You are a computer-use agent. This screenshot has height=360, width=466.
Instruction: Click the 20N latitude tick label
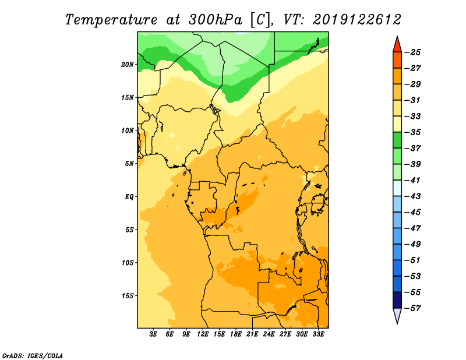[x=127, y=65]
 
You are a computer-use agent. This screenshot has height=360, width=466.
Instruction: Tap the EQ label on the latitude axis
[x=129, y=197]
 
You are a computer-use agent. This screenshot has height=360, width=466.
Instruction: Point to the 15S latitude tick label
[x=128, y=296]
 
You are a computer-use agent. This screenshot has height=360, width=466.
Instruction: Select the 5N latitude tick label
[x=129, y=164]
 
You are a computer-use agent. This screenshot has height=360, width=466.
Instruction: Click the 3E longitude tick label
[x=153, y=334]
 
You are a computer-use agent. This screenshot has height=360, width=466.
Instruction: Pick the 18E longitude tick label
[x=236, y=334]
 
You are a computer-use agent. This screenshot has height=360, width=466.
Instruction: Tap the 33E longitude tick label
[x=318, y=334]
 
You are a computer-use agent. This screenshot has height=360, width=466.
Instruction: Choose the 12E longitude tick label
[x=203, y=334]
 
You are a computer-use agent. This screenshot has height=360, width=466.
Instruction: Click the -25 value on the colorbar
[x=412, y=52]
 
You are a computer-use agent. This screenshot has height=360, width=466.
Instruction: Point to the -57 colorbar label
[x=412, y=308]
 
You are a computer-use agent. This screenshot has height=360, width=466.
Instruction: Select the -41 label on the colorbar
[x=412, y=181]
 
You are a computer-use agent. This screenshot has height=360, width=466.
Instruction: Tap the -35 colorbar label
[x=412, y=132]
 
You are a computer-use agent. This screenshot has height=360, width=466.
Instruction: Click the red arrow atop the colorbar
[x=397, y=45]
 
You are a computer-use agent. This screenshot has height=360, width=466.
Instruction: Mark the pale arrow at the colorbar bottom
[x=397, y=315]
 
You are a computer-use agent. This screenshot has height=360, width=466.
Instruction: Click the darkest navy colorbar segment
[x=397, y=300]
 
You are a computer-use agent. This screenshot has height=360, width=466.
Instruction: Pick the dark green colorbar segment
[x=397, y=140]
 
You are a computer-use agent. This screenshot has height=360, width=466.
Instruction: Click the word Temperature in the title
[x=111, y=20]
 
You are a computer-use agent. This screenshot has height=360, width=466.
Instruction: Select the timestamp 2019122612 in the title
[x=357, y=20]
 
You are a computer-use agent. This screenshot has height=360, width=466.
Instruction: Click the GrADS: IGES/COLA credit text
[x=33, y=356]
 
